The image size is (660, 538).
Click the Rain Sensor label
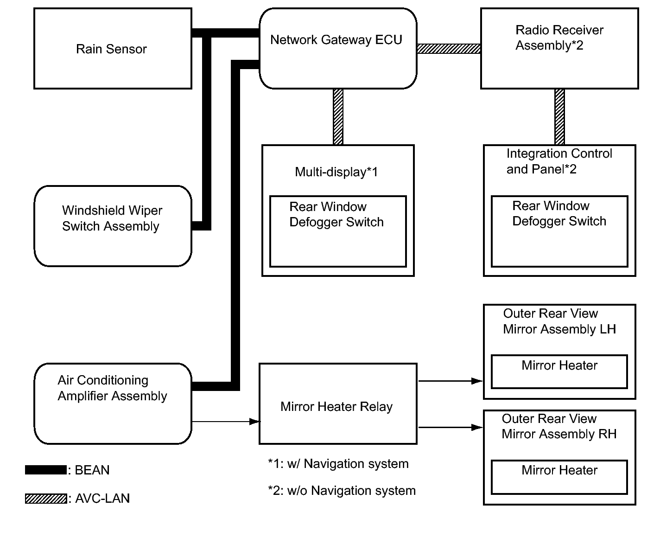click(x=111, y=49)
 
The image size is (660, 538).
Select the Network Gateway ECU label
click(x=336, y=40)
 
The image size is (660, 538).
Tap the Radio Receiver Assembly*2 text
click(x=559, y=38)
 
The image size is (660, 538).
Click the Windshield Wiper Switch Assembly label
click(x=112, y=218)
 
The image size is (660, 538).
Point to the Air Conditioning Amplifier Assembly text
click(x=112, y=388)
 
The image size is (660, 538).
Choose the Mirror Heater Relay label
click(x=336, y=407)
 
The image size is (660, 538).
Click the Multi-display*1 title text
click(x=336, y=172)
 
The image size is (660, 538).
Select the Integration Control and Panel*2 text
click(x=559, y=161)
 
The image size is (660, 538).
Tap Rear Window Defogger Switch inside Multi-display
click(x=336, y=214)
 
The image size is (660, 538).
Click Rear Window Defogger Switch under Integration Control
click(x=559, y=213)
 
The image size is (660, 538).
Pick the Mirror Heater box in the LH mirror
click(x=559, y=371)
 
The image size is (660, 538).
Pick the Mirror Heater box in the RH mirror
click(x=559, y=477)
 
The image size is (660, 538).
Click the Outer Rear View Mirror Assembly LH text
click(x=559, y=321)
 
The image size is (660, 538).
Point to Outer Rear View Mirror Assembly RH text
click(x=559, y=426)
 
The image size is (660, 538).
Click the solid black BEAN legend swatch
click(x=46, y=470)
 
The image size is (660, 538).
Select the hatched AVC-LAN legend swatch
click(x=46, y=498)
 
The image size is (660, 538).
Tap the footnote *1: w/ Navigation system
click(x=338, y=464)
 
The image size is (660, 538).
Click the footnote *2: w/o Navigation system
click(x=342, y=491)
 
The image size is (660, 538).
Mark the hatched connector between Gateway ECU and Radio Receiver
click(x=449, y=49)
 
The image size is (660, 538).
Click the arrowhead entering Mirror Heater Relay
click(x=255, y=422)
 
